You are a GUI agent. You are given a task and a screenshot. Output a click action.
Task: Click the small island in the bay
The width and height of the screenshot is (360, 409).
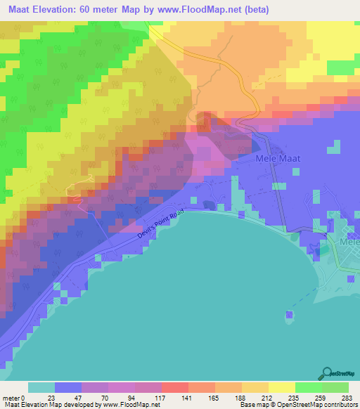click(289, 315)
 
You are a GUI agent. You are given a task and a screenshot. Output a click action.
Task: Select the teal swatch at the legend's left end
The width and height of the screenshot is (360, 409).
click(41, 387)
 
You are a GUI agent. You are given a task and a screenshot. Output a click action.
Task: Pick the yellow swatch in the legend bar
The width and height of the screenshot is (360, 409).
click(281, 387)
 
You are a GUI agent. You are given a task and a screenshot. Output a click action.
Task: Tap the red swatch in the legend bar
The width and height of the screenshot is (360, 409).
click(174, 387)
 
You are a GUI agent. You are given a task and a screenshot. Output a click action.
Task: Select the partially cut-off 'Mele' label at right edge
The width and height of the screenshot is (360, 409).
click(349, 242)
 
